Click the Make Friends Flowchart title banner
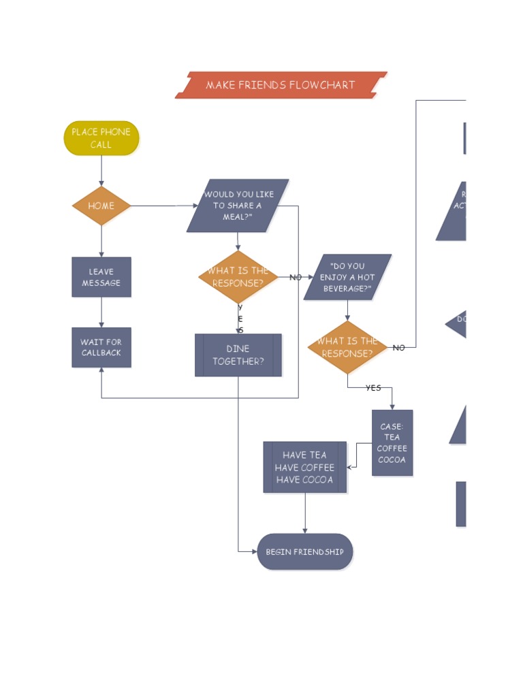click(281, 85)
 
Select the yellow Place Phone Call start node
click(101, 138)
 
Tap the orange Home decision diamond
click(101, 206)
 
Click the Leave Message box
click(101, 277)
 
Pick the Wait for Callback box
click(101, 347)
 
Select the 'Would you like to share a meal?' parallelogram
click(238, 206)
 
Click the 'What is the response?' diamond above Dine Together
click(238, 277)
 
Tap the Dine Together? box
click(238, 355)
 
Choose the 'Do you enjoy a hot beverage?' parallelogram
click(347, 277)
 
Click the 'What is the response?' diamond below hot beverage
click(347, 347)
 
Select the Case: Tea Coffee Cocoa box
click(392, 442)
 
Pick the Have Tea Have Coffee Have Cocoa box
click(305, 467)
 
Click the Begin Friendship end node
click(305, 551)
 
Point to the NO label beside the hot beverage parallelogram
click(296, 278)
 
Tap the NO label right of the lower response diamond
click(399, 348)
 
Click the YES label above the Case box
click(373, 388)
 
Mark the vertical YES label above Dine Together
click(240, 319)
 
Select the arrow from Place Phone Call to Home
click(101, 170)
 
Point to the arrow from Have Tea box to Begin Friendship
click(305, 513)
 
